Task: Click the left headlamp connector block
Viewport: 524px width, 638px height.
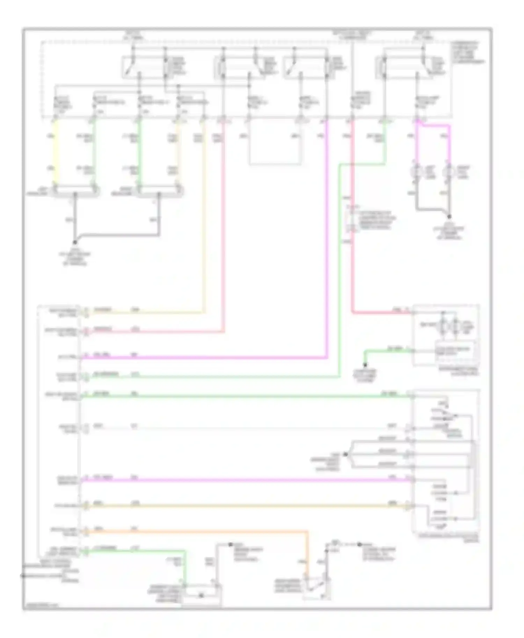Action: pos(75,191)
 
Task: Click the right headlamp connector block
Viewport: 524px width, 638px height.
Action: pos(159,191)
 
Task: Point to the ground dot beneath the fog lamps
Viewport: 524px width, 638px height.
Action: pos(449,216)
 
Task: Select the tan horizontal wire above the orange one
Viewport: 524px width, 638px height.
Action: pos(245,505)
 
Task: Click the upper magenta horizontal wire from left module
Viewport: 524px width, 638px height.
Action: pos(203,357)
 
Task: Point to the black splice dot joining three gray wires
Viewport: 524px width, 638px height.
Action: pos(345,454)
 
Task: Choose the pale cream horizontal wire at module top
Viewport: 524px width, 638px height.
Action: pos(147,312)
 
